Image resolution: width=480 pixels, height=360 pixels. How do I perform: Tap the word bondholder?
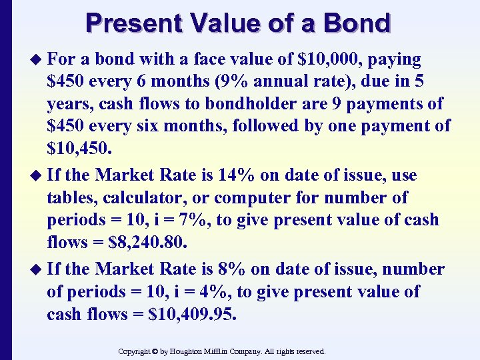(x=236, y=103)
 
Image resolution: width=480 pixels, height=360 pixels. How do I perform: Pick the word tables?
(x=69, y=198)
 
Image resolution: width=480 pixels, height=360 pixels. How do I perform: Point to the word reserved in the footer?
(x=307, y=351)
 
